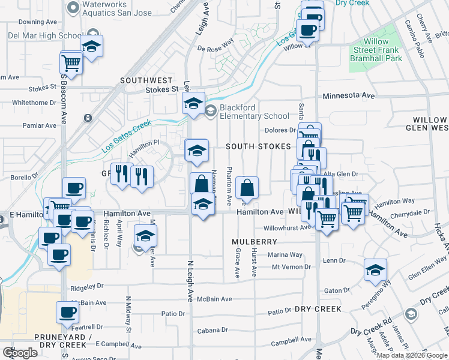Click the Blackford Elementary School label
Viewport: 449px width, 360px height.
(254, 112)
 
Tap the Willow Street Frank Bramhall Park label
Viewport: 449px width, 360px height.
(376, 50)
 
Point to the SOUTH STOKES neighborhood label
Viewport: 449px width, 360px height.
(258, 146)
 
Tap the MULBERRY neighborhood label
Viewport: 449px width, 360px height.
(255, 241)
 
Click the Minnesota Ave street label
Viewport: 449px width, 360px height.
(349, 95)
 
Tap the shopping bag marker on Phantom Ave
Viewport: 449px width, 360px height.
(247, 188)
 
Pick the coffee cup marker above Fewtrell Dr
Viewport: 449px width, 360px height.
(67, 313)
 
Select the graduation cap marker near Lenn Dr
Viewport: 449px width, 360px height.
(375, 270)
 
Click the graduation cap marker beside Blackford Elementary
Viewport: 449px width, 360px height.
(193, 104)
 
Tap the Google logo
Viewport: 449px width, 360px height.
(20, 352)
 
